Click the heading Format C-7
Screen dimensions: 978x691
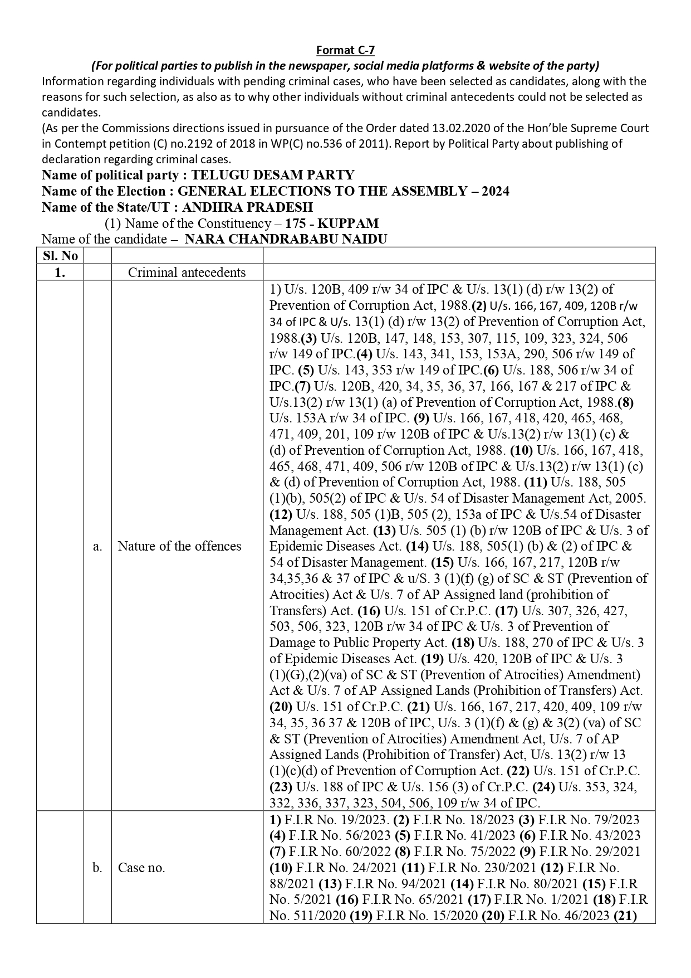345,51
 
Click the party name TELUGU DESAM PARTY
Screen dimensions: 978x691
273,175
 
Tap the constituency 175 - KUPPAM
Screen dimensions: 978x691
332,223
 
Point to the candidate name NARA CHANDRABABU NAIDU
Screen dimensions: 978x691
286,240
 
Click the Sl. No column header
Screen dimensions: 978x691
60,256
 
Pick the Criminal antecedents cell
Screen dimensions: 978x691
187,273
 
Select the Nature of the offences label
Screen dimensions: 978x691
179,546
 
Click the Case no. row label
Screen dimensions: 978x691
141,868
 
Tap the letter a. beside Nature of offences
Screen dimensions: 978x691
97,546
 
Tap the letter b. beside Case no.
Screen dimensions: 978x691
97,868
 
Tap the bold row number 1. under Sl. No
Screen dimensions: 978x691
60,273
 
